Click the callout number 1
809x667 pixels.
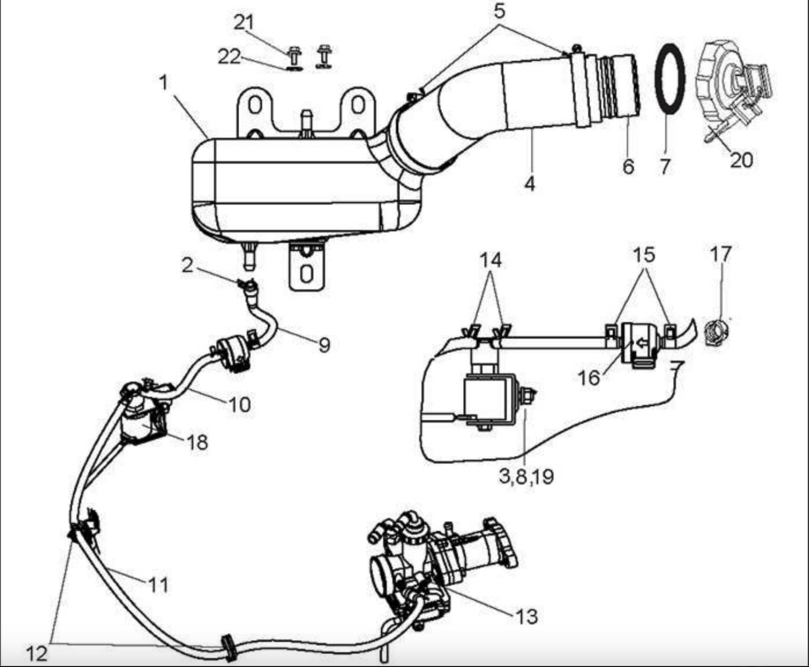coord(164,83)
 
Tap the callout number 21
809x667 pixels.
coord(244,22)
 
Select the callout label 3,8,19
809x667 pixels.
coord(526,476)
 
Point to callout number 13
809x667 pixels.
coord(527,616)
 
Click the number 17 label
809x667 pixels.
coord(721,254)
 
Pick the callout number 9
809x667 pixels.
coord(324,344)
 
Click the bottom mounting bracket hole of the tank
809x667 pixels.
coord(307,274)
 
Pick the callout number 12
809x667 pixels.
coord(36,654)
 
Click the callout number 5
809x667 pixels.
coord(499,10)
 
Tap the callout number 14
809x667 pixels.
coord(491,261)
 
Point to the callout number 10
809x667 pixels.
coord(240,405)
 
